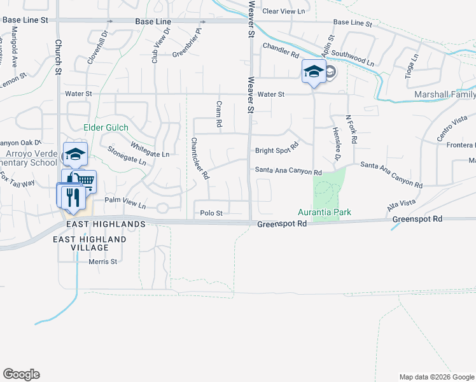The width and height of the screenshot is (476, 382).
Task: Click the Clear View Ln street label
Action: [284, 11]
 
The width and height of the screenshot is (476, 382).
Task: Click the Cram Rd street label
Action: [218, 113]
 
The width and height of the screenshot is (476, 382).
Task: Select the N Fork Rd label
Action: [351, 128]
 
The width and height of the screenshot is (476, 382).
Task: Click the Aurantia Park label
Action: [325, 212]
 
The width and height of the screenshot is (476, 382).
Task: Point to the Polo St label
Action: [211, 213]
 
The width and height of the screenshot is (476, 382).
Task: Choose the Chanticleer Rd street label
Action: [199, 159]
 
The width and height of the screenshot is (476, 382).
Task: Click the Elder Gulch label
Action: [106, 127]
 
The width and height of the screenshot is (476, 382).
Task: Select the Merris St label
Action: [103, 261]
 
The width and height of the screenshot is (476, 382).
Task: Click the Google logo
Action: [21, 374]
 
